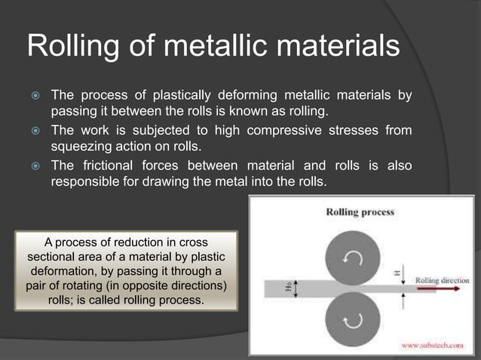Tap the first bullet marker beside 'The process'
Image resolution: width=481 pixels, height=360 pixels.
pyautogui.click(x=34, y=96)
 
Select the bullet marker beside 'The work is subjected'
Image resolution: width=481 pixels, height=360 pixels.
pyautogui.click(x=34, y=131)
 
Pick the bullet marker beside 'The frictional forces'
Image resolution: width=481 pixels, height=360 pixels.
pyautogui.click(x=34, y=166)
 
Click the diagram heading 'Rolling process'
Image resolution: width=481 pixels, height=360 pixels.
pyautogui.click(x=360, y=212)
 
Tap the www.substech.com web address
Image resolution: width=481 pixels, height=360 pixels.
pyautogui.click(x=431, y=346)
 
